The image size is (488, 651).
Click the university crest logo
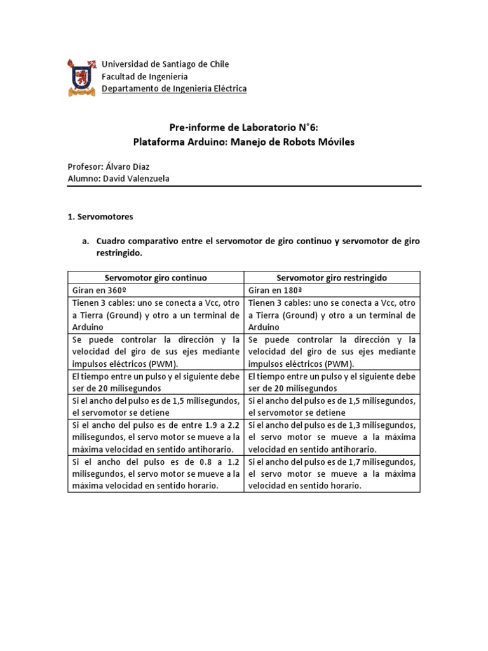[81, 77]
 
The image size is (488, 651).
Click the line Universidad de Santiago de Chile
[165, 64]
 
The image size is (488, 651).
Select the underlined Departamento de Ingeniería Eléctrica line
[174, 89]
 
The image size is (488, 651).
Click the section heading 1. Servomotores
[100, 217]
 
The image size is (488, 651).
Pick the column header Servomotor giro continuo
[156, 278]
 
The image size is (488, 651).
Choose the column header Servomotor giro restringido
[332, 278]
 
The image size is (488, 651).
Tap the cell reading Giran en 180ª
[273, 290]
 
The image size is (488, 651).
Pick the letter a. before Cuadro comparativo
[85, 241]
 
